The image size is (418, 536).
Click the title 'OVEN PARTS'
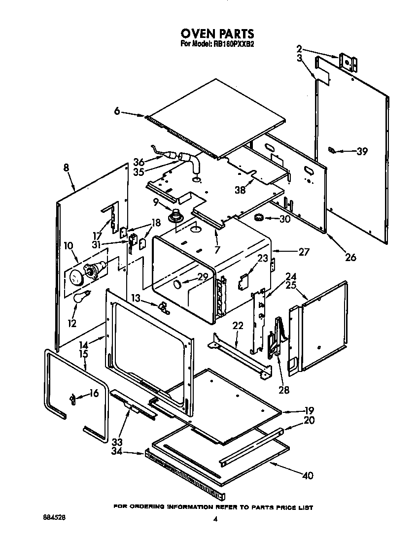217,33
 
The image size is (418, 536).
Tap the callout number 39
362,152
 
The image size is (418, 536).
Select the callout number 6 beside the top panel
117,111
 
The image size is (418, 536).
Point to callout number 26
350,257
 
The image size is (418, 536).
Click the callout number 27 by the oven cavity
303,252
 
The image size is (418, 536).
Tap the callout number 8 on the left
66,167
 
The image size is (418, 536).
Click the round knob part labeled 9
175,215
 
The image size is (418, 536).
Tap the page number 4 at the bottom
215,519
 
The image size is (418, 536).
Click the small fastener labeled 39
334,151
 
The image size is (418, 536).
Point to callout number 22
238,326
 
